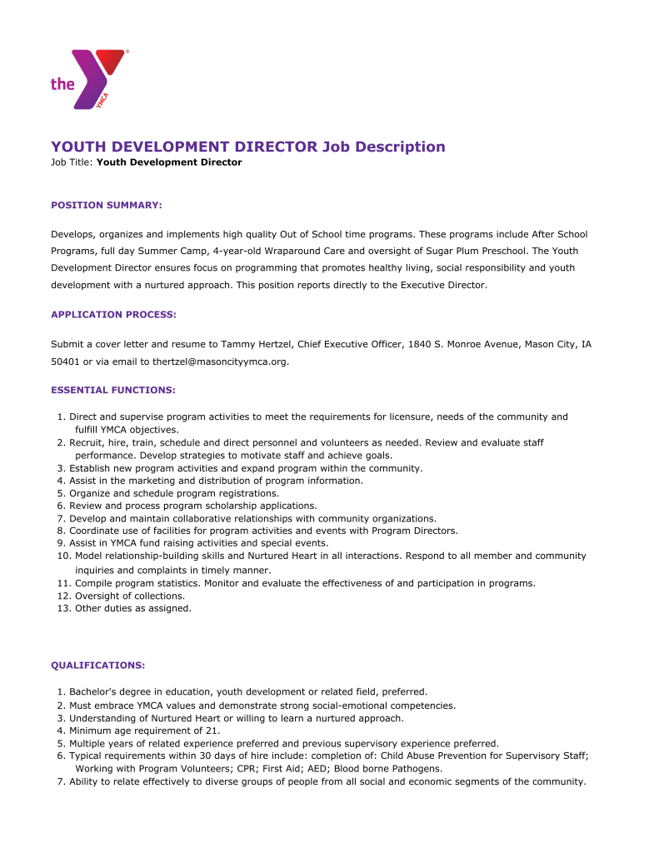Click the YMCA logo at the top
pyautogui.click(x=88, y=79)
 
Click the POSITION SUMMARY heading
pyautogui.click(x=107, y=205)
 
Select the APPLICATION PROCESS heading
pyautogui.click(x=113, y=315)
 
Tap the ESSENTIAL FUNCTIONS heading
pyautogui.click(x=113, y=390)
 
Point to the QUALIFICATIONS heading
pyautogui.click(x=98, y=666)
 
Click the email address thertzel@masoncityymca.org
pyautogui.click(x=220, y=362)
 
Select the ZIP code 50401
pyautogui.click(x=65, y=362)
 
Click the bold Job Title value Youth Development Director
pyautogui.click(x=169, y=162)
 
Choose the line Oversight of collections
pyautogui.click(x=130, y=596)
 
